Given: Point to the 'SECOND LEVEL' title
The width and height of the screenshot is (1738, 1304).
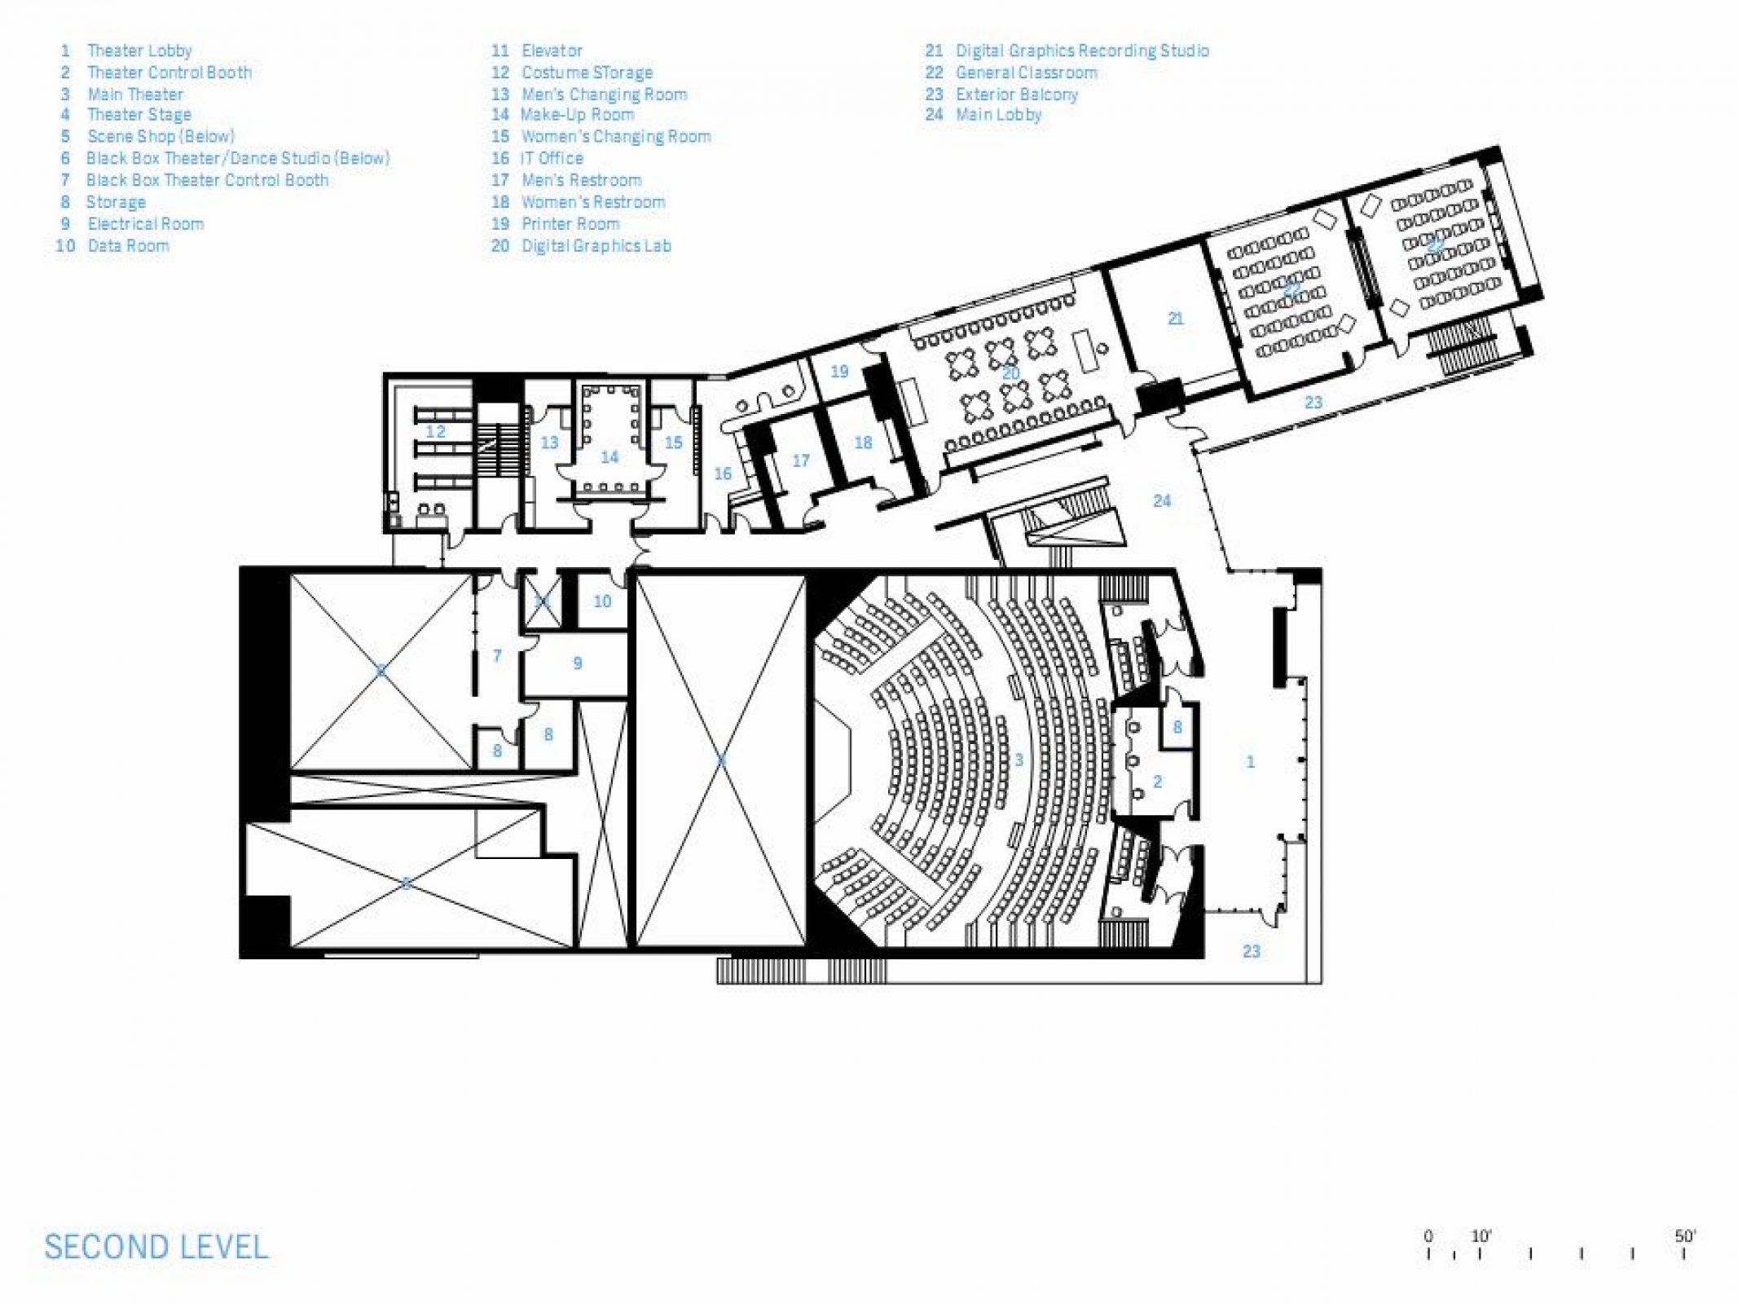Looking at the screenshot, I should [x=156, y=1247].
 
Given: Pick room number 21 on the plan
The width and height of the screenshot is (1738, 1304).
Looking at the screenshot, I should [x=1175, y=319].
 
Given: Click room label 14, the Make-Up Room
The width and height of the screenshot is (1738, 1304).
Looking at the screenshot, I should [x=609, y=457].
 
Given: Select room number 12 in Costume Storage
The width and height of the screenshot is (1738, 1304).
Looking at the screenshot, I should [x=436, y=431].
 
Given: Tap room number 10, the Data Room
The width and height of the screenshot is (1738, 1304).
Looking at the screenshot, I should [x=602, y=601].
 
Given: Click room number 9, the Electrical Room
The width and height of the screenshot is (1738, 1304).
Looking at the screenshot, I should [x=578, y=663].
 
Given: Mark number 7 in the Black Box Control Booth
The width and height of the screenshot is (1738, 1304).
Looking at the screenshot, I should [x=497, y=655].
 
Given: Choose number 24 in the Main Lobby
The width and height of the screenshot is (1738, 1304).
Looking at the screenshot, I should [x=1162, y=500].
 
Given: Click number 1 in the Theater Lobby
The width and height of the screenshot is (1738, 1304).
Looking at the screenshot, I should [x=1250, y=762].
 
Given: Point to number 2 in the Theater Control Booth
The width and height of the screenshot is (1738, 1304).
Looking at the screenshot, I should [x=1157, y=782].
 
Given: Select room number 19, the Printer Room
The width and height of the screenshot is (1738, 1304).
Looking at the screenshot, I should [x=839, y=372].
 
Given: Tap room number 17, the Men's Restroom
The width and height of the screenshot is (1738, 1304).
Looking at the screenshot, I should [x=801, y=461].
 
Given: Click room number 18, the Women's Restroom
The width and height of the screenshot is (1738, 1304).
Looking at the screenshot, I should [x=863, y=443].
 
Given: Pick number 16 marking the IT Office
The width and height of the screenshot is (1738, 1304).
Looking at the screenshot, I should [x=723, y=474].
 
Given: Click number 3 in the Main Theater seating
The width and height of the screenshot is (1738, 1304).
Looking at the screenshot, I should [x=1019, y=760].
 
